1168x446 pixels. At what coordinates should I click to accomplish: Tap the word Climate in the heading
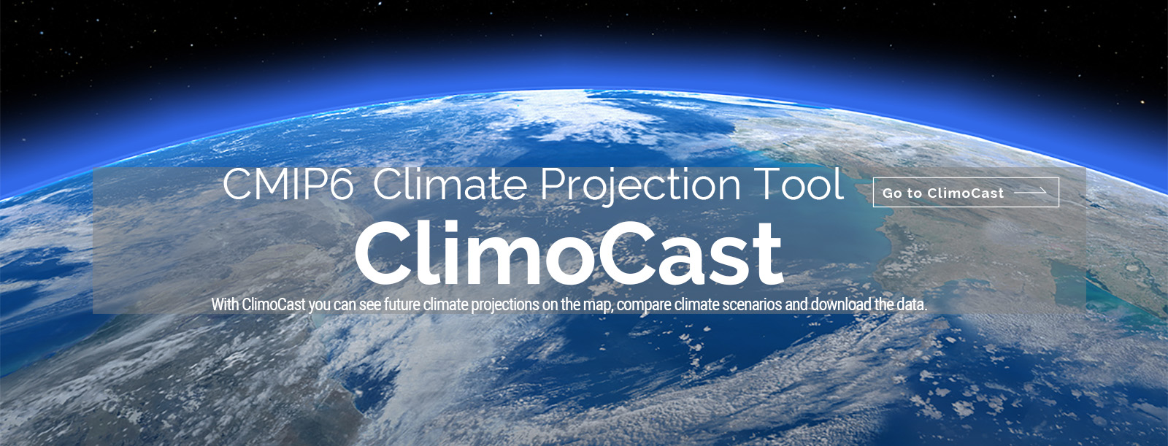(450, 184)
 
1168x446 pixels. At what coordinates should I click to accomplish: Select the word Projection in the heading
(640, 188)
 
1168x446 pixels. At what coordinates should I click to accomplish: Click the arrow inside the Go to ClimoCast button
(1030, 192)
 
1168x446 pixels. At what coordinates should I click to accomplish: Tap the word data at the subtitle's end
(912, 304)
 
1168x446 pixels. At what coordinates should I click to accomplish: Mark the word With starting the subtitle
(226, 304)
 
